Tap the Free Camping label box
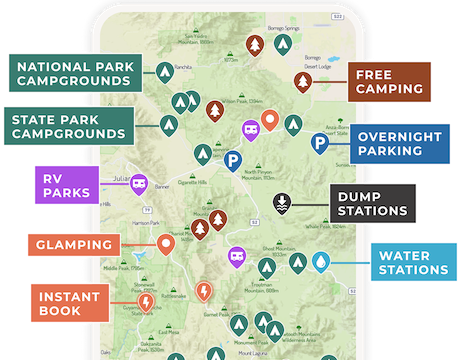(391, 81)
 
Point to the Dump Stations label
(373, 204)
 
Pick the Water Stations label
(410, 262)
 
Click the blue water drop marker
(321, 262)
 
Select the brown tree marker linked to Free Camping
(304, 81)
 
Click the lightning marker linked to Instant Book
(147, 300)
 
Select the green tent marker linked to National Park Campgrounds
(166, 71)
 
